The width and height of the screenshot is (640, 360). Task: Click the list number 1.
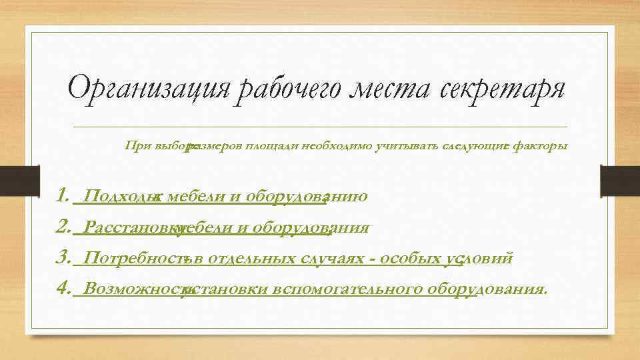point(63,197)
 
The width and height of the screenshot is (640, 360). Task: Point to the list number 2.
point(63,228)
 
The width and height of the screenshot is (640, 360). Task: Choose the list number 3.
point(63,259)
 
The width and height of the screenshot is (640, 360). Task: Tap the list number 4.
point(63,289)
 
